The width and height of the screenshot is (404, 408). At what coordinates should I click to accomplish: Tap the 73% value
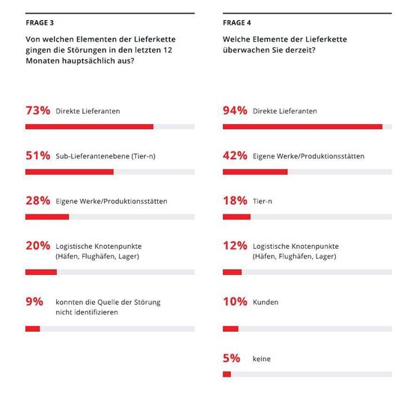[37, 111]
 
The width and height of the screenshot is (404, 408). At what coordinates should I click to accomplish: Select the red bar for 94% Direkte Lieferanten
[302, 127]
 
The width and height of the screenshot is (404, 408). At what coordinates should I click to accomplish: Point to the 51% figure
[37, 155]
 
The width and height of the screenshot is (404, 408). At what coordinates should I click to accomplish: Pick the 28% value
[37, 201]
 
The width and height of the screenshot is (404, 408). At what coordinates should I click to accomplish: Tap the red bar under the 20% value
[41, 272]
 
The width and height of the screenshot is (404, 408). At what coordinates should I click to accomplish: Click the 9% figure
[34, 302]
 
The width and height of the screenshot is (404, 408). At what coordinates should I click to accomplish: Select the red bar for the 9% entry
[32, 329]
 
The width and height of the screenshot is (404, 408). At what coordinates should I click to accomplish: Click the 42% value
[235, 155]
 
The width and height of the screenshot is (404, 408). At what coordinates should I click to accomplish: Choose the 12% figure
[235, 246]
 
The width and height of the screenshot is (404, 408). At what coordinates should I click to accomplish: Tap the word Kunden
[266, 302]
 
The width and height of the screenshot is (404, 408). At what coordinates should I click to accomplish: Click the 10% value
[235, 302]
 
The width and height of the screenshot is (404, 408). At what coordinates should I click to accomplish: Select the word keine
[262, 359]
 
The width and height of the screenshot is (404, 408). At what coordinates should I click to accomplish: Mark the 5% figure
[231, 358]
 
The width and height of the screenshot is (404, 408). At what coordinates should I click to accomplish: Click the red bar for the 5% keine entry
[227, 374]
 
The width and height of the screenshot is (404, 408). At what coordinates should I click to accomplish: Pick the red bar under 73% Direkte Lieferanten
[89, 127]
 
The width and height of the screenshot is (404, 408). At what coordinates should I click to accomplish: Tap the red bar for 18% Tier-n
[236, 217]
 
